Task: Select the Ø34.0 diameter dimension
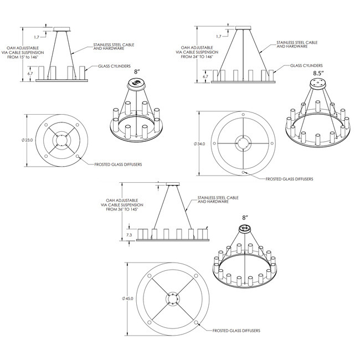200,143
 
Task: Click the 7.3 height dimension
128,235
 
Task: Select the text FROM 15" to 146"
22,56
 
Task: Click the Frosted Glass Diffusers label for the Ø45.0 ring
236,331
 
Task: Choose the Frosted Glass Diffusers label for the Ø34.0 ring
290,179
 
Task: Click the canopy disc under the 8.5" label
317,83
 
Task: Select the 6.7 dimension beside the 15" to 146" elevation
30,72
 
